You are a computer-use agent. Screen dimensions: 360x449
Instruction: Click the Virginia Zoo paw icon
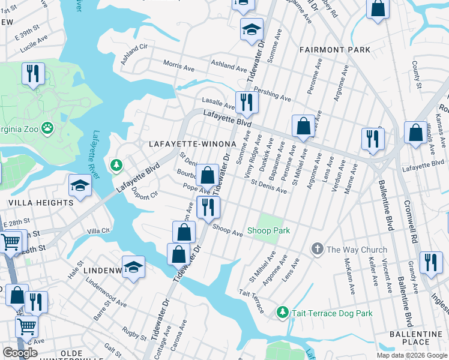pos(47,128)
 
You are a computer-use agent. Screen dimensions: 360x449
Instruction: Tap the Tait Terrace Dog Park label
pos(332,313)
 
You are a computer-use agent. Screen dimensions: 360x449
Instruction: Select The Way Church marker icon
pos(317,249)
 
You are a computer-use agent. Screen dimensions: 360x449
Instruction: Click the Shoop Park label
pos(269,231)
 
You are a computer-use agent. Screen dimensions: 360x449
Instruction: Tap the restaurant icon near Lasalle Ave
pos(246,103)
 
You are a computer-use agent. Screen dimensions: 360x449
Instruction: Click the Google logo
pos(20,353)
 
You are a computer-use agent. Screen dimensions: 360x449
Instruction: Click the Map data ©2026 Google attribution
pos(412,355)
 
